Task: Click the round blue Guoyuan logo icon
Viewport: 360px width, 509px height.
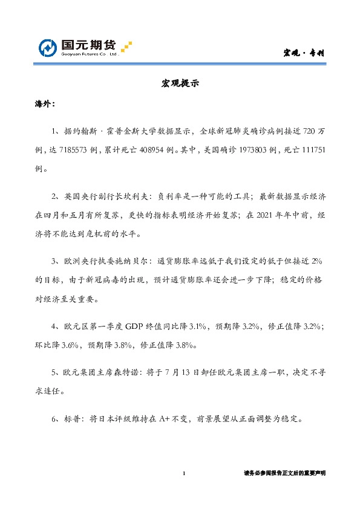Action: (x=48, y=47)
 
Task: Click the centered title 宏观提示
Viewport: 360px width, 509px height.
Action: (x=180, y=84)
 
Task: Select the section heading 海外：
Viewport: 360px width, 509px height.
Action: (x=44, y=104)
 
